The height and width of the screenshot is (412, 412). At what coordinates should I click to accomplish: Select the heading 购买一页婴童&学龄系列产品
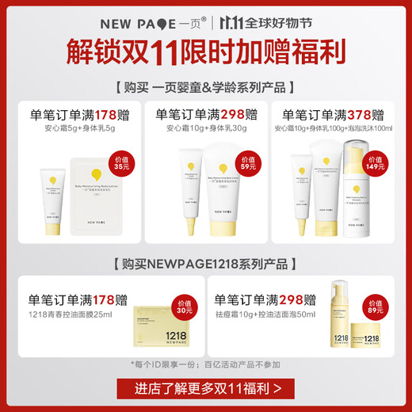(205, 87)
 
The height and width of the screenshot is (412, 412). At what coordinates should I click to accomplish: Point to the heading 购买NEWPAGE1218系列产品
(205, 263)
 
